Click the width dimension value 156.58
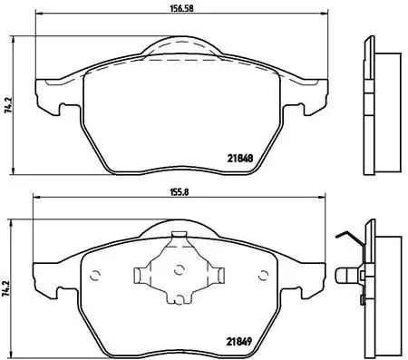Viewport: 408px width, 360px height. coord(170,9)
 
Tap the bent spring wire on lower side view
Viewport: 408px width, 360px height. coord(347,238)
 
